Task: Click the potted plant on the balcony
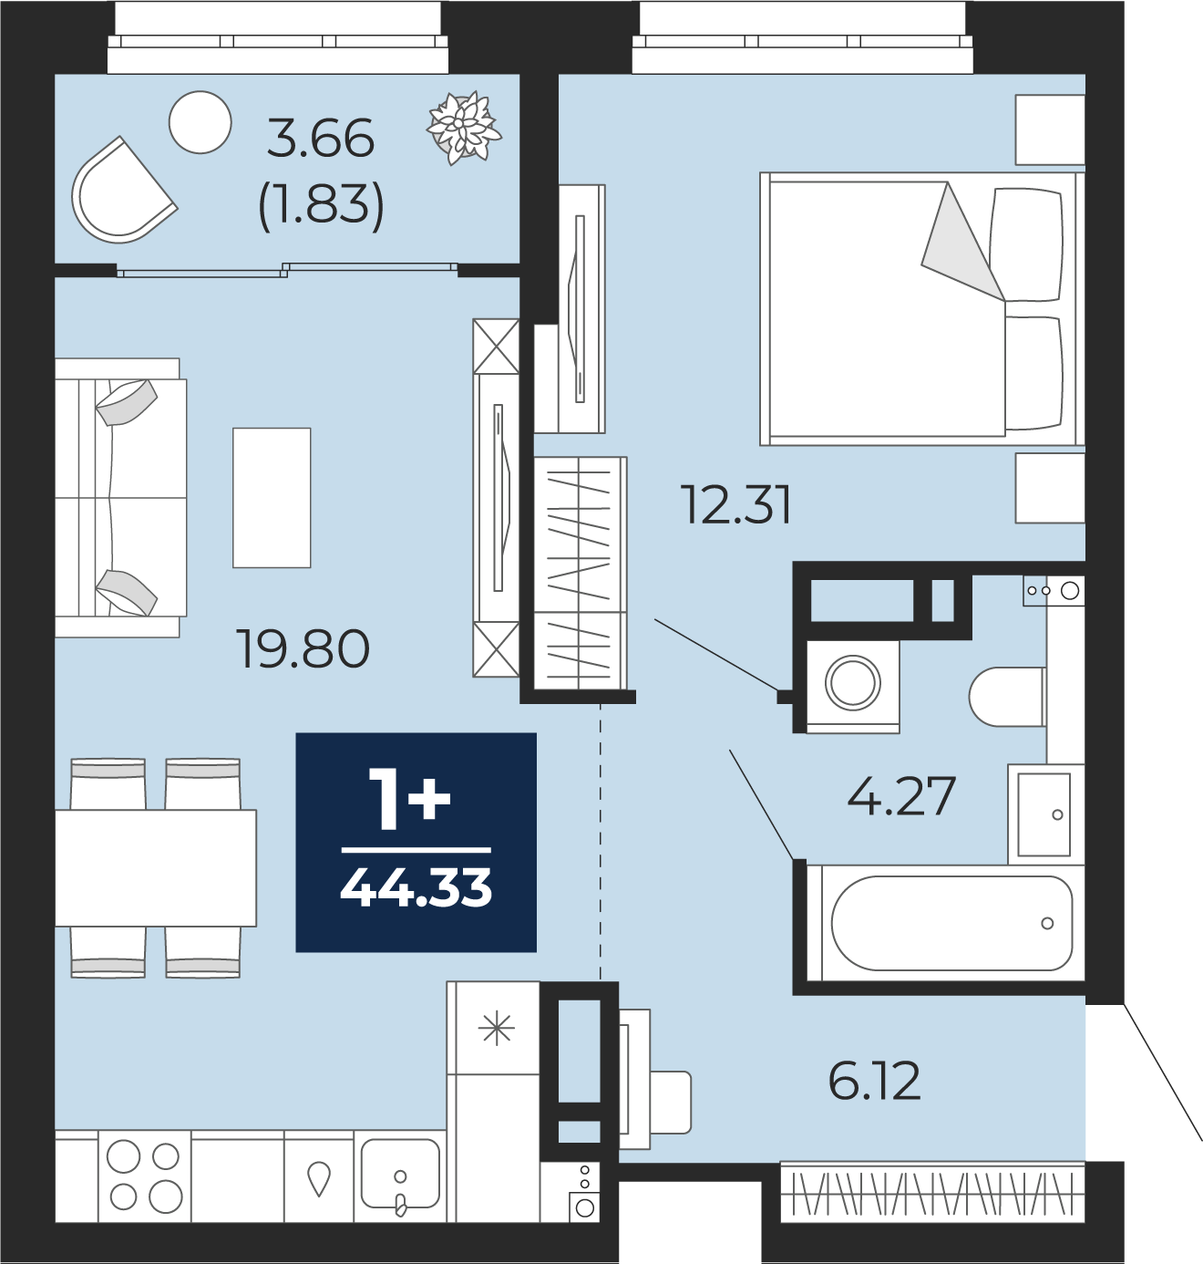pyautogui.click(x=464, y=128)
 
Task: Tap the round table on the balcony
pyautogui.click(x=200, y=122)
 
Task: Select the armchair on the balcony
pyautogui.click(x=122, y=191)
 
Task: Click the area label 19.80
pyautogui.click(x=303, y=648)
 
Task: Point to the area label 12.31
pyautogui.click(x=737, y=504)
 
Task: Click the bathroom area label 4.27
pyautogui.click(x=901, y=796)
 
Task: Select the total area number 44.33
pyautogui.click(x=416, y=888)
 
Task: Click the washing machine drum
pyautogui.click(x=853, y=683)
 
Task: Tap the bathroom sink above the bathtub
pyautogui.click(x=1044, y=814)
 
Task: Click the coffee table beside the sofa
pyautogui.click(x=272, y=498)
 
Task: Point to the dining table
pyautogui.click(x=156, y=868)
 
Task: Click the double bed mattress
pyautogui.click(x=888, y=308)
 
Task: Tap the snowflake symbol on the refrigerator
pyautogui.click(x=496, y=1030)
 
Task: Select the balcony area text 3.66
pyautogui.click(x=321, y=139)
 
